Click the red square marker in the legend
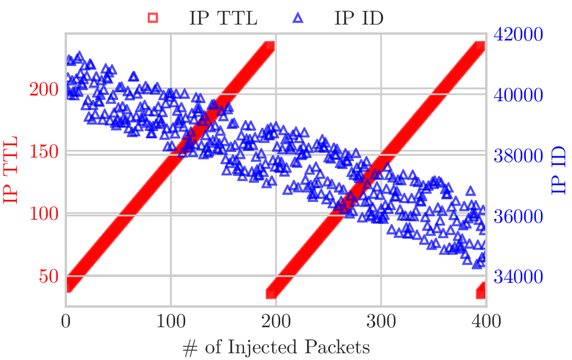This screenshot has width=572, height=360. [153, 18]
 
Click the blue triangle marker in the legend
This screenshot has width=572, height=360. [298, 18]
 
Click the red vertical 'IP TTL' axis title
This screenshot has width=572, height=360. [12, 170]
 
